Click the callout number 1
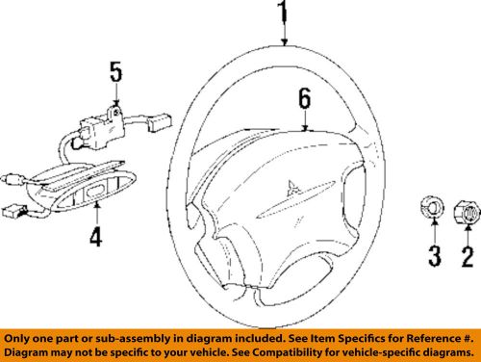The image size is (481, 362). [x=284, y=13]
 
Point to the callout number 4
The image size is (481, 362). [x=95, y=235]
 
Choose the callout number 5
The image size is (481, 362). [x=115, y=72]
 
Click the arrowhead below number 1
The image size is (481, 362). [x=285, y=42]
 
